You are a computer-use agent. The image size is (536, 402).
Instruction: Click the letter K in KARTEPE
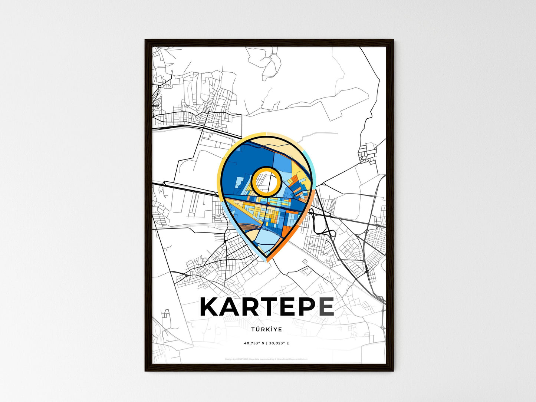(x=211, y=306)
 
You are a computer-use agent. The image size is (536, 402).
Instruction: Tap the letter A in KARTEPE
(x=231, y=306)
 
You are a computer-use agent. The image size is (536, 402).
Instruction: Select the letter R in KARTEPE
(x=252, y=306)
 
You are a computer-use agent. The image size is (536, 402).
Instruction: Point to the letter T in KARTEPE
(x=272, y=306)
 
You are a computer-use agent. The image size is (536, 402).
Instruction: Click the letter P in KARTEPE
(x=307, y=306)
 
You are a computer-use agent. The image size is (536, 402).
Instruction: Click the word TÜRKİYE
(x=266, y=329)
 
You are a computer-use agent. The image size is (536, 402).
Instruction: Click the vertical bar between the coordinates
(x=266, y=343)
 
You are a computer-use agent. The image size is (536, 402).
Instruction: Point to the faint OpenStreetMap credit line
(x=266, y=359)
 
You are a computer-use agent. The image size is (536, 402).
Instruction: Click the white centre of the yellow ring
(x=266, y=181)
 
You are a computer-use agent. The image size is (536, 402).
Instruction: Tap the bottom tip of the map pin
(x=266, y=260)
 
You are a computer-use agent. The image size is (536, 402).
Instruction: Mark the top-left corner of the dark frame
(x=145, y=40)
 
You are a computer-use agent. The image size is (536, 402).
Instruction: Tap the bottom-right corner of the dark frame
(x=393, y=370)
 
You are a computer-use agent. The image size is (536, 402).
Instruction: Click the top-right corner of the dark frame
(x=393, y=40)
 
